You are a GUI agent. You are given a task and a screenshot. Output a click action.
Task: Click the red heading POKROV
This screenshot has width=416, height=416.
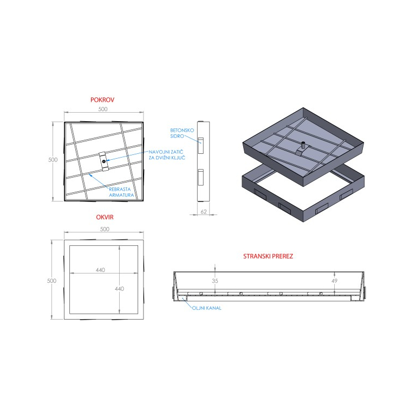click(x=102, y=100)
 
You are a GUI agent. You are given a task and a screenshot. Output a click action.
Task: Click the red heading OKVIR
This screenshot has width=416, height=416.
click(x=105, y=217)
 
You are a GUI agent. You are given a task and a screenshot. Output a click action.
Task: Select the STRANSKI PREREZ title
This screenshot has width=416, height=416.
click(x=268, y=256)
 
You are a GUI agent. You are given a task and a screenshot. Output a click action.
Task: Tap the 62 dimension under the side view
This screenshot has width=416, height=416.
click(x=204, y=212)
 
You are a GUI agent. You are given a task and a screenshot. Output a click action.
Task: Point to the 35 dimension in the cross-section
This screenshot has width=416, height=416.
click(x=215, y=281)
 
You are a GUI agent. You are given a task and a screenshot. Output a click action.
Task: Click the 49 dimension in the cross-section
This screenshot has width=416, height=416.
click(x=334, y=281)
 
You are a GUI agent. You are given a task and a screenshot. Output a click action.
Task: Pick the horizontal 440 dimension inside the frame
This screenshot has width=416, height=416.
click(x=100, y=270)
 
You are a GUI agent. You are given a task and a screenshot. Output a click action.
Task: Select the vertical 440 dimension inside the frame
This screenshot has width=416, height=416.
click(x=119, y=289)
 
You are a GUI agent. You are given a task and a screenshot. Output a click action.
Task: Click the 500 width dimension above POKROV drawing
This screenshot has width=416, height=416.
click(x=103, y=109)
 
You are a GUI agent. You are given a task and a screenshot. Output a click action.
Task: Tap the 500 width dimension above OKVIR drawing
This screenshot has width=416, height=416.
click(x=105, y=229)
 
